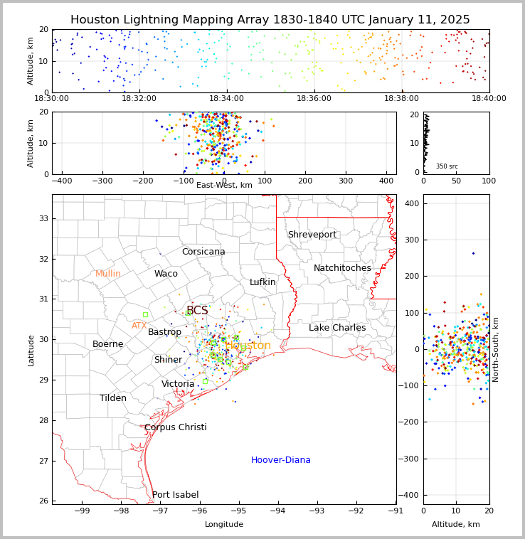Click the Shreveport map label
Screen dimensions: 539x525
[x=312, y=235]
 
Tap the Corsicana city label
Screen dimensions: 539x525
[x=203, y=252]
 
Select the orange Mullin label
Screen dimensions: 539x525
[x=108, y=274]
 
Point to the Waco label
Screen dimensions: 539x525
[x=166, y=274]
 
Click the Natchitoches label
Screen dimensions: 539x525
[x=342, y=268]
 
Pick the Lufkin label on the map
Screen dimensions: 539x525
[x=262, y=282]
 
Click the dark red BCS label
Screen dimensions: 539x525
[x=197, y=311]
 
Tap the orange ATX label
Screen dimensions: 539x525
[x=139, y=326]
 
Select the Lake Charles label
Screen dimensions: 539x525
[x=337, y=328]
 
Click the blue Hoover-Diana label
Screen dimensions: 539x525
[x=281, y=460]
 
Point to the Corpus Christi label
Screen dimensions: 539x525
[x=176, y=427]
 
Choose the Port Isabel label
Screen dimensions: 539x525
[x=176, y=495]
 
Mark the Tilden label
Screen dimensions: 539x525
[x=113, y=398]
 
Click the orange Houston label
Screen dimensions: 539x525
[x=248, y=346]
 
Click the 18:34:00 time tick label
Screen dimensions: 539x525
[x=226, y=99]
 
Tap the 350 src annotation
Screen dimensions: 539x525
[x=447, y=166]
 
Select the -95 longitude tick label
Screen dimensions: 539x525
[x=239, y=511]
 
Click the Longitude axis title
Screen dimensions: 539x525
[x=224, y=524]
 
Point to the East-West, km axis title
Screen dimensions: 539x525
[x=224, y=185]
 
